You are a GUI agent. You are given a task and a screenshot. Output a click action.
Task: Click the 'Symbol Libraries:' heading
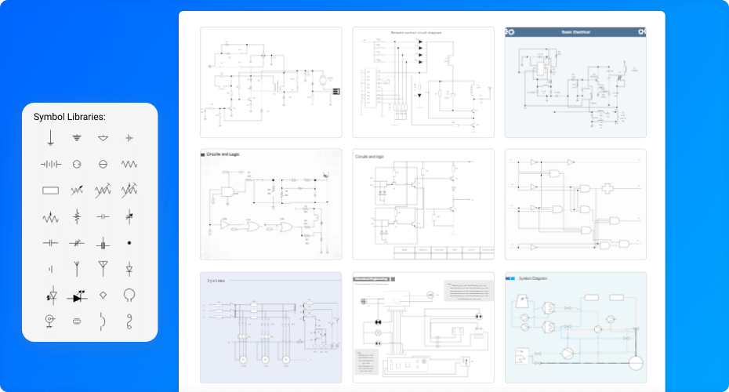coord(69,117)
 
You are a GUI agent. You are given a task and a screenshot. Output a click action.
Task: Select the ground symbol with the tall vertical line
coord(50,138)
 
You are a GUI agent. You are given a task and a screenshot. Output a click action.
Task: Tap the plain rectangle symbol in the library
coord(50,190)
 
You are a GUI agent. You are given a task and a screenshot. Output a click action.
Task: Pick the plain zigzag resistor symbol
coord(129,164)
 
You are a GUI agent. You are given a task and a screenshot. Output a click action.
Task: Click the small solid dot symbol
coord(129,243)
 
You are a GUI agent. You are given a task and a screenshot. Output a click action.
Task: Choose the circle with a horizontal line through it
coord(103,164)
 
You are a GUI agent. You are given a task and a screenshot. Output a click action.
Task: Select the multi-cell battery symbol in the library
coord(50,164)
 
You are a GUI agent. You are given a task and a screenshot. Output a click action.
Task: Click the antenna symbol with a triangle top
coord(103,268)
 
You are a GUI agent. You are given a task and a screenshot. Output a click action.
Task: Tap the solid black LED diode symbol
coord(78,297)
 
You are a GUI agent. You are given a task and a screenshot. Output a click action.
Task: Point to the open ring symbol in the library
coord(129,295)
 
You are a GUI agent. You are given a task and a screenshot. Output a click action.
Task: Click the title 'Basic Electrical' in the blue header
coord(575,32)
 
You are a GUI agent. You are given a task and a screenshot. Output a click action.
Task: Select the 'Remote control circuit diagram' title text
coord(416,33)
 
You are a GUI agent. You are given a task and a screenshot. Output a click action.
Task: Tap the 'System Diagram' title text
coord(535,278)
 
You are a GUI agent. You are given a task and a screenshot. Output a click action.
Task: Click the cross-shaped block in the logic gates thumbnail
coord(609,189)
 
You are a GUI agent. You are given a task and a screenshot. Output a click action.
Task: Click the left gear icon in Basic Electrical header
coord(511,32)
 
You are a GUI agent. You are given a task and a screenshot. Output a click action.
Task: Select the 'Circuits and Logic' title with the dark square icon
coord(223,154)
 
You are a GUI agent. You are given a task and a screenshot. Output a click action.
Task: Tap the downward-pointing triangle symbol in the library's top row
coord(103,138)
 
